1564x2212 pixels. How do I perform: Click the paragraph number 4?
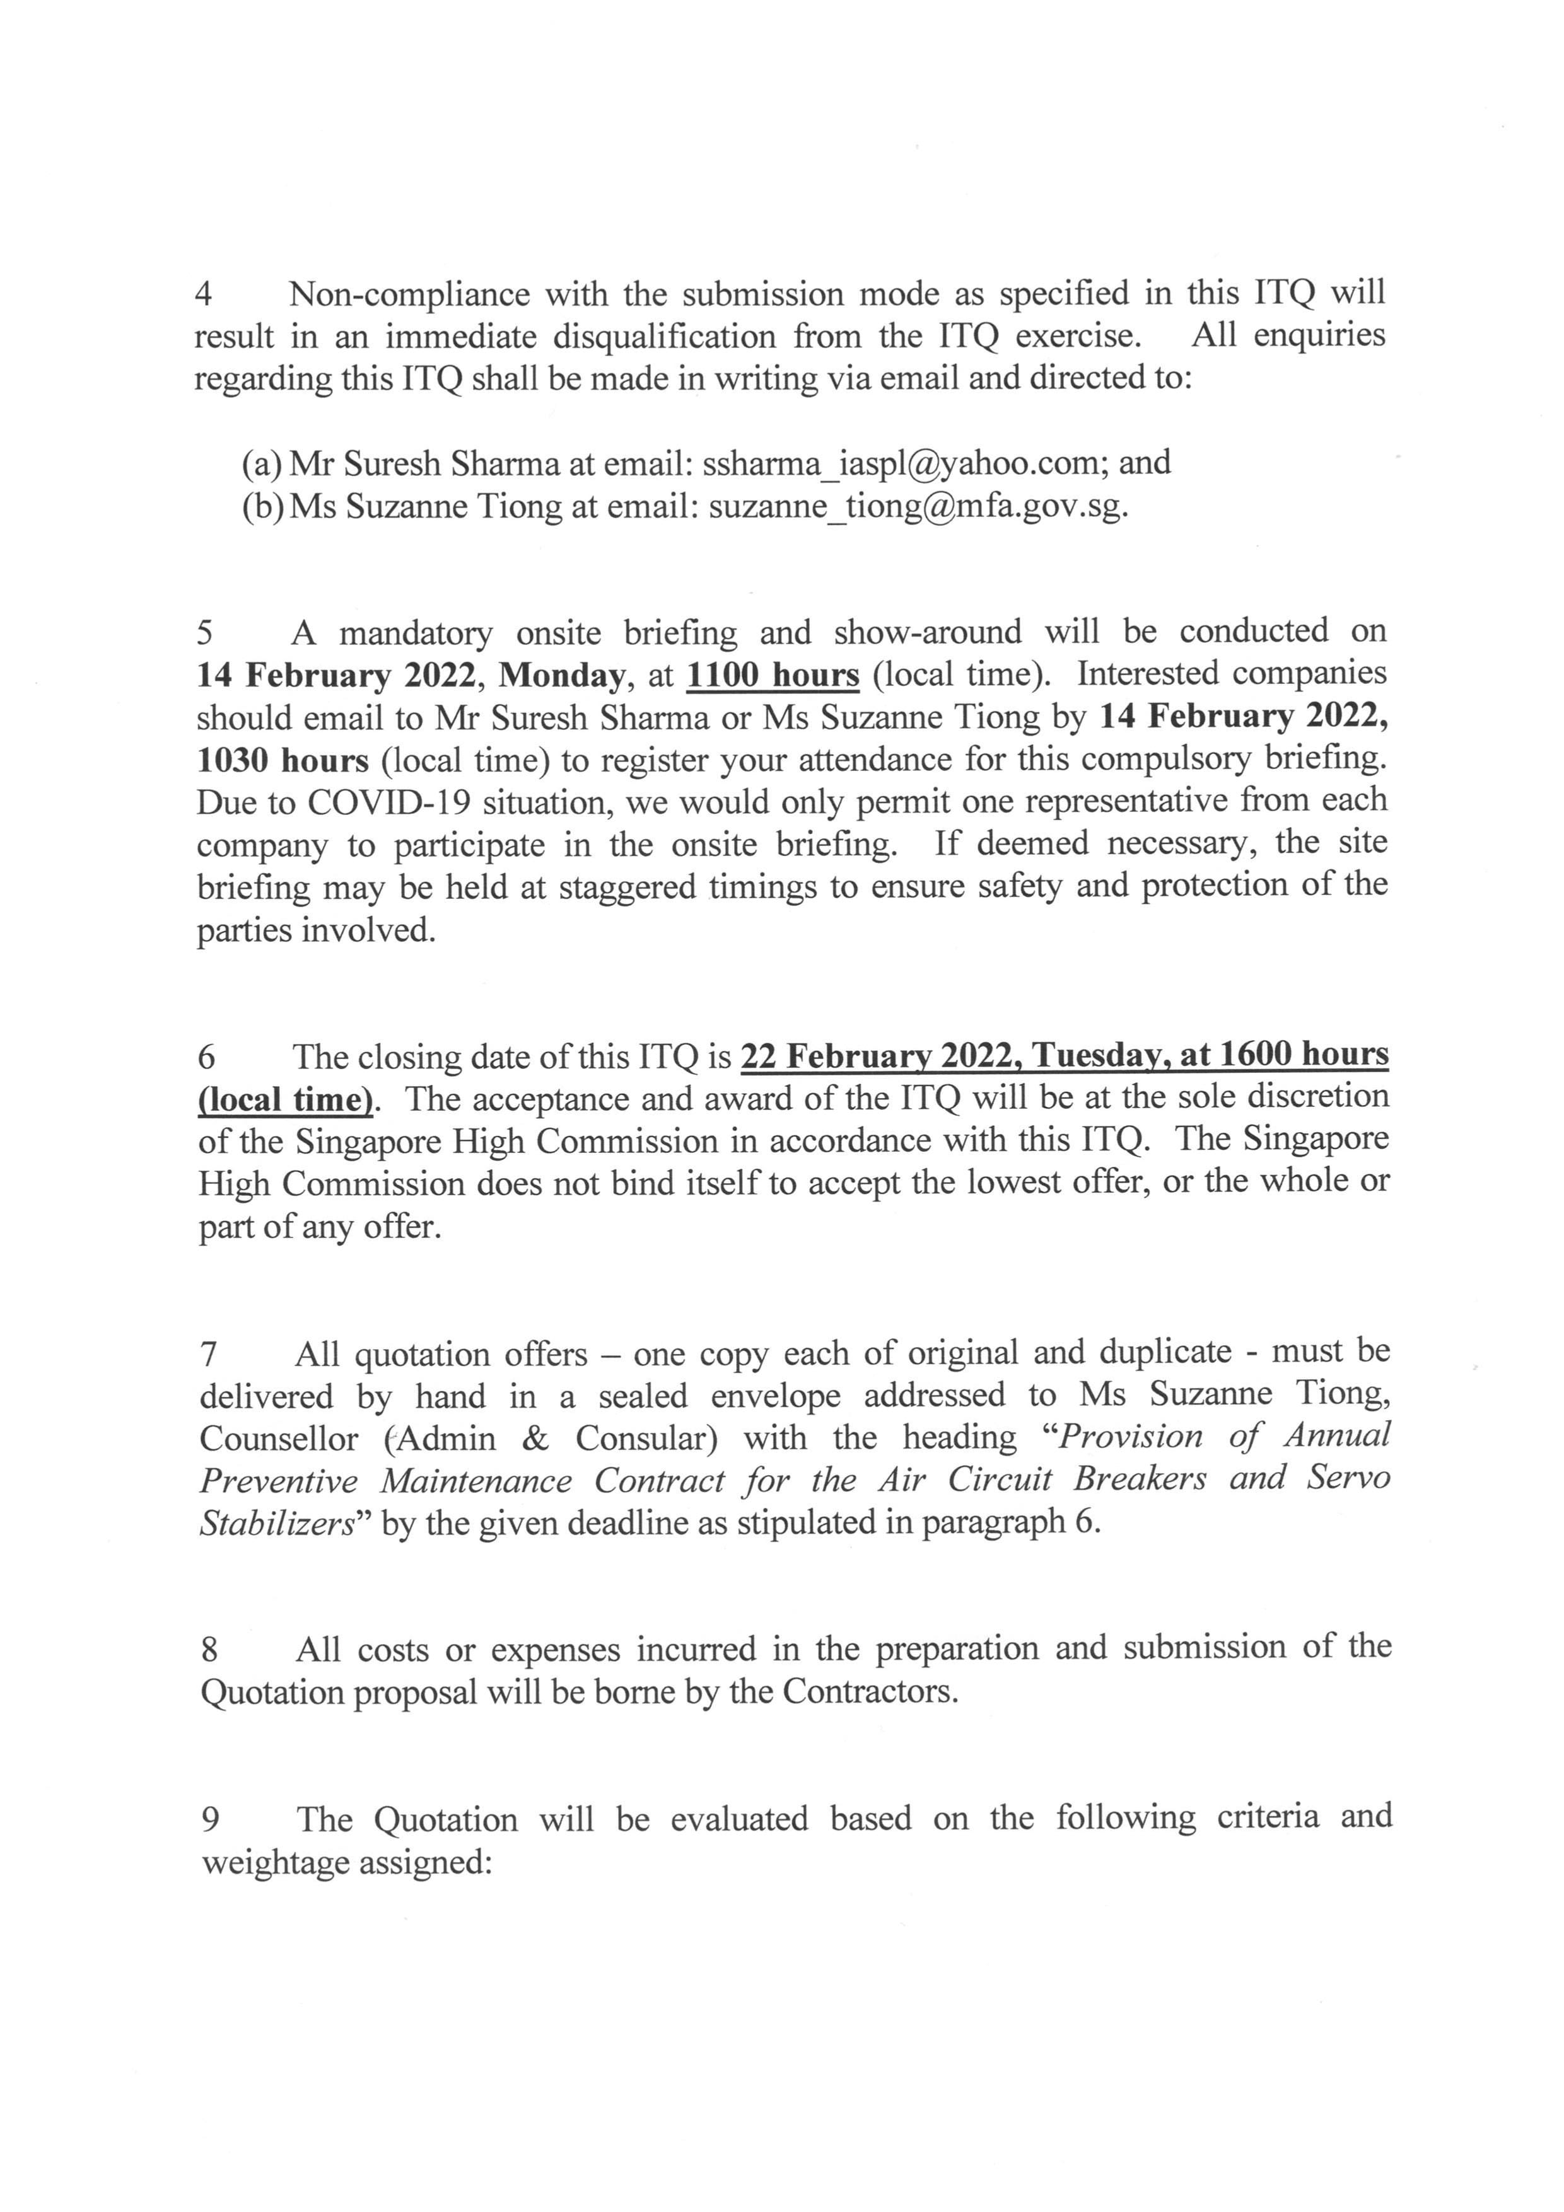point(203,294)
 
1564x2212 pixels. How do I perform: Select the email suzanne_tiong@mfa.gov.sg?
point(918,507)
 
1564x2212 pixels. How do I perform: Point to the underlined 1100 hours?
point(772,675)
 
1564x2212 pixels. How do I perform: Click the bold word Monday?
point(562,675)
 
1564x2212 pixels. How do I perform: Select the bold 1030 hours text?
point(283,760)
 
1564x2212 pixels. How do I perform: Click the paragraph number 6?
point(206,1058)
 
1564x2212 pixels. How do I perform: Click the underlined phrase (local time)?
point(285,1099)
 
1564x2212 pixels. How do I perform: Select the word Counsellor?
point(279,1439)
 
